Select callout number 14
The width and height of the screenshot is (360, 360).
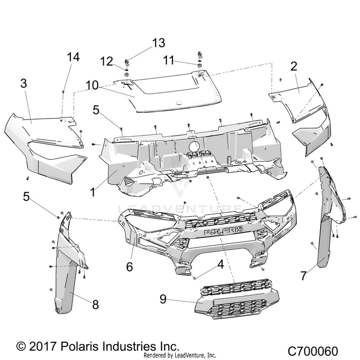click(72, 57)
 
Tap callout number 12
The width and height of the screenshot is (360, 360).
click(107, 61)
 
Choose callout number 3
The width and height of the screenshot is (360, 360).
click(24, 83)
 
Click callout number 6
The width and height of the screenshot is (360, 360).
click(129, 266)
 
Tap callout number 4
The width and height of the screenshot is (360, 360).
click(220, 264)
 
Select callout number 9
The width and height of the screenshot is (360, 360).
click(164, 298)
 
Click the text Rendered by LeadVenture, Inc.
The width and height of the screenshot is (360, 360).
click(180, 356)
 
